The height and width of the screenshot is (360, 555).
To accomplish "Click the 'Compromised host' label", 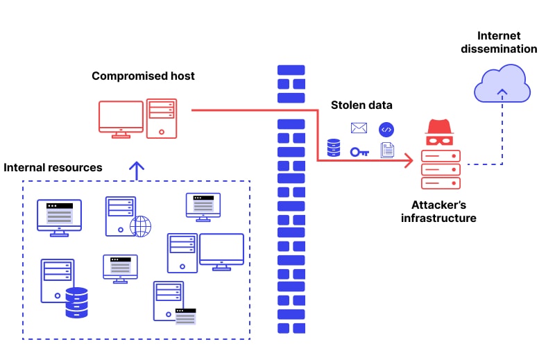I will pyautogui.click(x=143, y=76).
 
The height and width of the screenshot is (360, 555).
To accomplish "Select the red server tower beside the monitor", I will pyautogui.click(x=161, y=118).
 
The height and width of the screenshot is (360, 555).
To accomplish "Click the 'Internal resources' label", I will pyautogui.click(x=53, y=167).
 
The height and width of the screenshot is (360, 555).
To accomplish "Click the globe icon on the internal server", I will pyautogui.click(x=140, y=226).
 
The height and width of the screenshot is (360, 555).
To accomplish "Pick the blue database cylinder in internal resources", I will pyautogui.click(x=76, y=302).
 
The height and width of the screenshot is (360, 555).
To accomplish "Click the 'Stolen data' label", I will pyautogui.click(x=361, y=105).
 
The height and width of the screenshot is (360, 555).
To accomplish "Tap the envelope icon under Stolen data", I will pyautogui.click(x=359, y=128).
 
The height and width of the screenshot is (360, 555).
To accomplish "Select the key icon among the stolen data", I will pyautogui.click(x=359, y=151).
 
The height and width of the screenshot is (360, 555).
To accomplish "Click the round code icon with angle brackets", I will pyautogui.click(x=386, y=129).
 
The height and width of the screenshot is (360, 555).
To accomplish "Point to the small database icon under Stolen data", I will pyautogui.click(x=334, y=148).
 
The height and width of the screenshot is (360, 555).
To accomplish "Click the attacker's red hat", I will pyautogui.click(x=440, y=127).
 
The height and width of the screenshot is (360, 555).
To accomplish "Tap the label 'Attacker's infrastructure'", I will pyautogui.click(x=439, y=212).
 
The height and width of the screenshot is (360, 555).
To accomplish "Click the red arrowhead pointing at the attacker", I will pyautogui.click(x=409, y=161).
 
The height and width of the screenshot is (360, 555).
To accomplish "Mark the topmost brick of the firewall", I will pyautogui.click(x=291, y=71).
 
